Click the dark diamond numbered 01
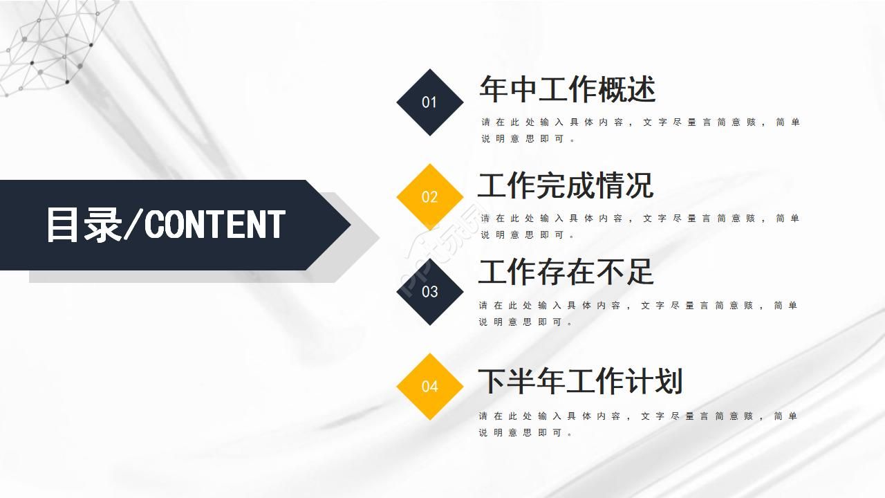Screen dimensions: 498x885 429,102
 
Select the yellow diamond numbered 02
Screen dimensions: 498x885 429,197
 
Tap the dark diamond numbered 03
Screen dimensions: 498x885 429,291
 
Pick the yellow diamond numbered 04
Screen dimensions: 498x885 429,386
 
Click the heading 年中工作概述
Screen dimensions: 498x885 567,89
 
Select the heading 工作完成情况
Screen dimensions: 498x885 566,185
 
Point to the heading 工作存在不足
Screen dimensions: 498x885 566,272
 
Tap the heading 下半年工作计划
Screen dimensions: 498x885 580,381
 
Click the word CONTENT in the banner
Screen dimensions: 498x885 215,225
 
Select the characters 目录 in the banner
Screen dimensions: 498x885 84,225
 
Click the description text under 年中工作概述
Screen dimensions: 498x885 640,130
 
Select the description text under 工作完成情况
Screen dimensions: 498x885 640,226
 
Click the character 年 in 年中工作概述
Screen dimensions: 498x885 494,89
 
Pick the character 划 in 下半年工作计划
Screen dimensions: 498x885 668,381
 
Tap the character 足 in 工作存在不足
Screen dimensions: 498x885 639,272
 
